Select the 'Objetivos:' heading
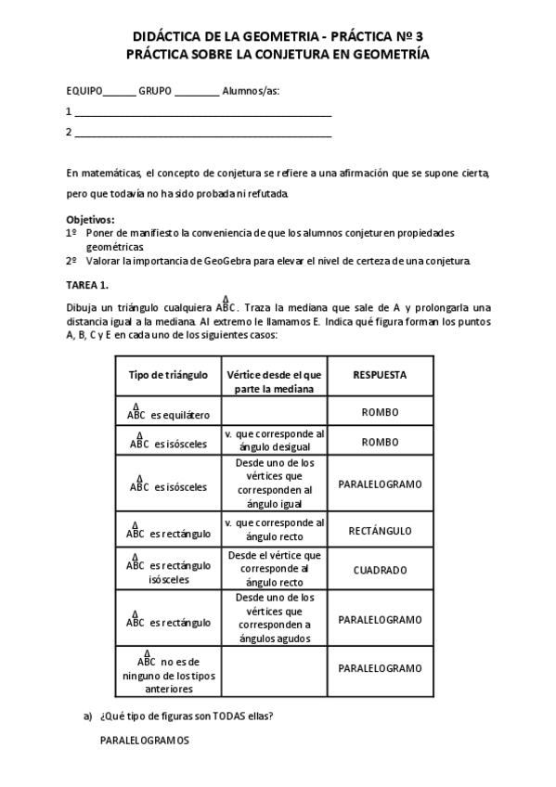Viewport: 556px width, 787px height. [x=90, y=219]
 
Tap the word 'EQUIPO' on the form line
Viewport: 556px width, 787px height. [x=84, y=91]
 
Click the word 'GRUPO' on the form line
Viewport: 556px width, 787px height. [x=155, y=91]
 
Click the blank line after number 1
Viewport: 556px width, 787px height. [x=202, y=112]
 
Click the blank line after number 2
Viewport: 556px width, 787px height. [x=202, y=133]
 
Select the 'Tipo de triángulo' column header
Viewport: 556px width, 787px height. [x=168, y=375]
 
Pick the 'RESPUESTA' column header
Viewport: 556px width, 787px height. [x=380, y=375]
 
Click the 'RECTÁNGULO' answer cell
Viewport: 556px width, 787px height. [x=380, y=532]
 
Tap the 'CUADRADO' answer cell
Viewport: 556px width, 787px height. [x=380, y=570]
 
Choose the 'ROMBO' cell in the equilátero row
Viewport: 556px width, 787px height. [x=380, y=412]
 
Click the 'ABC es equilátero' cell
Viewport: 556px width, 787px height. [x=168, y=411]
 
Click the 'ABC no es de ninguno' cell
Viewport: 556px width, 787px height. [x=168, y=672]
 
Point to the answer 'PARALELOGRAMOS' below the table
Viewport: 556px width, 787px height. [x=144, y=741]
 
